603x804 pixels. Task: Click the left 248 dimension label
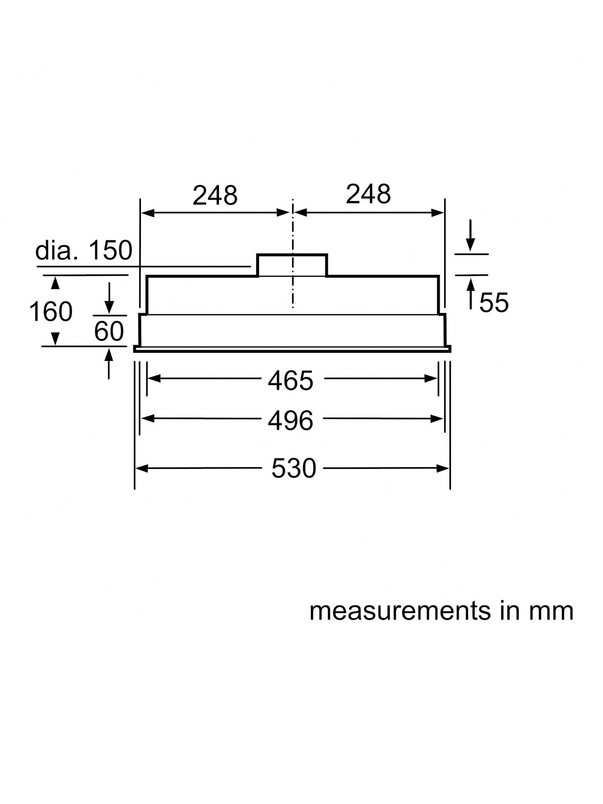pos(215,195)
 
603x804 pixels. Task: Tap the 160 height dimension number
pos(51,312)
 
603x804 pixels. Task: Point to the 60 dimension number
pos(109,331)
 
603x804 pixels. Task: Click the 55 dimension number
pos(494,302)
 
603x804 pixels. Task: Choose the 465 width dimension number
pos(290,380)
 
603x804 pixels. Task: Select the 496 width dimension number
pos(290,421)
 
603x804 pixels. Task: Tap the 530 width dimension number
pos(294,469)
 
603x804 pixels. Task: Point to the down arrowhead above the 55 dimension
pos(471,245)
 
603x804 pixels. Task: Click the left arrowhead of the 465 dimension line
pos(154,379)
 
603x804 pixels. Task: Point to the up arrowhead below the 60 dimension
pos(109,354)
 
